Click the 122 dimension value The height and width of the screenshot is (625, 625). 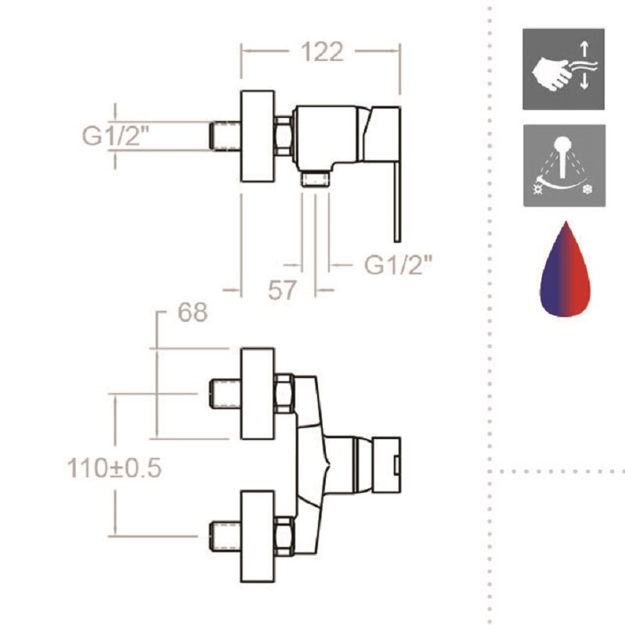321,52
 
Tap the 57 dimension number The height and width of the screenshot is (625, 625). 282,290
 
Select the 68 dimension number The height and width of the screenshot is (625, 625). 193,312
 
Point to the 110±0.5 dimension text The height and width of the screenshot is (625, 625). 114,468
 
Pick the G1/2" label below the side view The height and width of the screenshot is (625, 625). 398,266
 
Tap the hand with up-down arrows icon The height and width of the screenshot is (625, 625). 563,70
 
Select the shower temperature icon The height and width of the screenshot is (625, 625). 563,165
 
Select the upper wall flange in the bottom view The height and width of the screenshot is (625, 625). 257,395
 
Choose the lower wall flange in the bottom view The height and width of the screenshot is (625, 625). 257,537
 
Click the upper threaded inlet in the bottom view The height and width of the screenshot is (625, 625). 224,394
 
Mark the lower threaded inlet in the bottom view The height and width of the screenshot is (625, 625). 224,537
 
